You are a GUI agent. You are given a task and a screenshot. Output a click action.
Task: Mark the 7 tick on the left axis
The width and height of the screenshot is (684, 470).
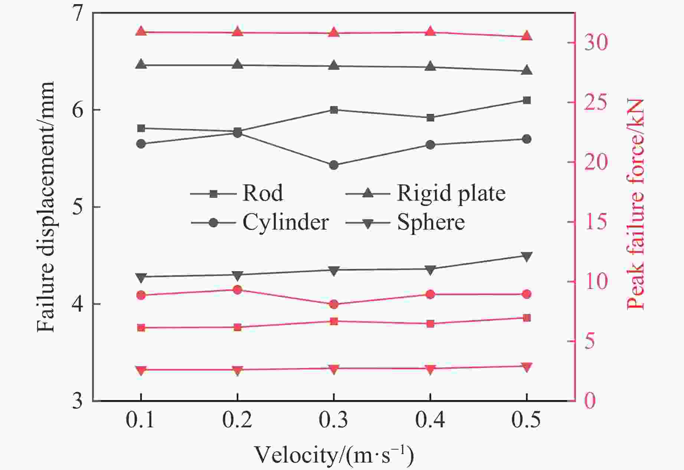(x=78, y=14)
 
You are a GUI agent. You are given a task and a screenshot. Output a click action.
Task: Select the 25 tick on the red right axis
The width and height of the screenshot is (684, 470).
(x=596, y=103)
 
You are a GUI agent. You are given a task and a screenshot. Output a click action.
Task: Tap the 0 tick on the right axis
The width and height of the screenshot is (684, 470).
(x=590, y=401)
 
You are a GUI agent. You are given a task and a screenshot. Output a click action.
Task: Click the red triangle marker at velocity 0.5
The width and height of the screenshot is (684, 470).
(x=526, y=36)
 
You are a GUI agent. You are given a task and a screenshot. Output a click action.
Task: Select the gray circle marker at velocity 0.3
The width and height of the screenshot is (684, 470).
(x=334, y=165)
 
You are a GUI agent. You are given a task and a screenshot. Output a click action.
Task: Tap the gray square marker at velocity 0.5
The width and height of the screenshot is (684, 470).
(x=527, y=101)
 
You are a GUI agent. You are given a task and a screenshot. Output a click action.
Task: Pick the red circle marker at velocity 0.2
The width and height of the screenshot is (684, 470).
(x=238, y=290)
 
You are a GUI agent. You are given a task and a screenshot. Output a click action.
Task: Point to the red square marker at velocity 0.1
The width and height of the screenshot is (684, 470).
(x=141, y=328)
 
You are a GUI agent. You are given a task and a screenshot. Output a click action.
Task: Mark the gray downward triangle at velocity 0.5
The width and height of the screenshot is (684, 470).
(x=527, y=256)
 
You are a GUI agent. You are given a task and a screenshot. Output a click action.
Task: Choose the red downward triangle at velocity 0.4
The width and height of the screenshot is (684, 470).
(x=430, y=369)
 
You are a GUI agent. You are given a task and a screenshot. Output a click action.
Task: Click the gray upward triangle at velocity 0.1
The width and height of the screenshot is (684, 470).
(x=141, y=64)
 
